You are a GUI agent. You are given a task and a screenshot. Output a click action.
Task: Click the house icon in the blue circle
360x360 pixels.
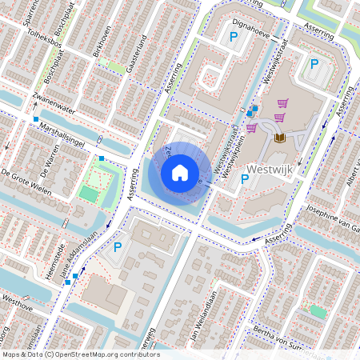[x=180, y=172]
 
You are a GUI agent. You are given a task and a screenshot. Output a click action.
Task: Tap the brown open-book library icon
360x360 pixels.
[x=279, y=138]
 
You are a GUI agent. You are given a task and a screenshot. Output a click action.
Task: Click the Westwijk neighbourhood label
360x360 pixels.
[x=272, y=170]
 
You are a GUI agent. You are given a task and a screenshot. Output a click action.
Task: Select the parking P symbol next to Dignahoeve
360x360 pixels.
[x=234, y=37]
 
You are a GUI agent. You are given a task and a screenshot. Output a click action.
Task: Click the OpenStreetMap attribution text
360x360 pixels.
[x=80, y=354]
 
